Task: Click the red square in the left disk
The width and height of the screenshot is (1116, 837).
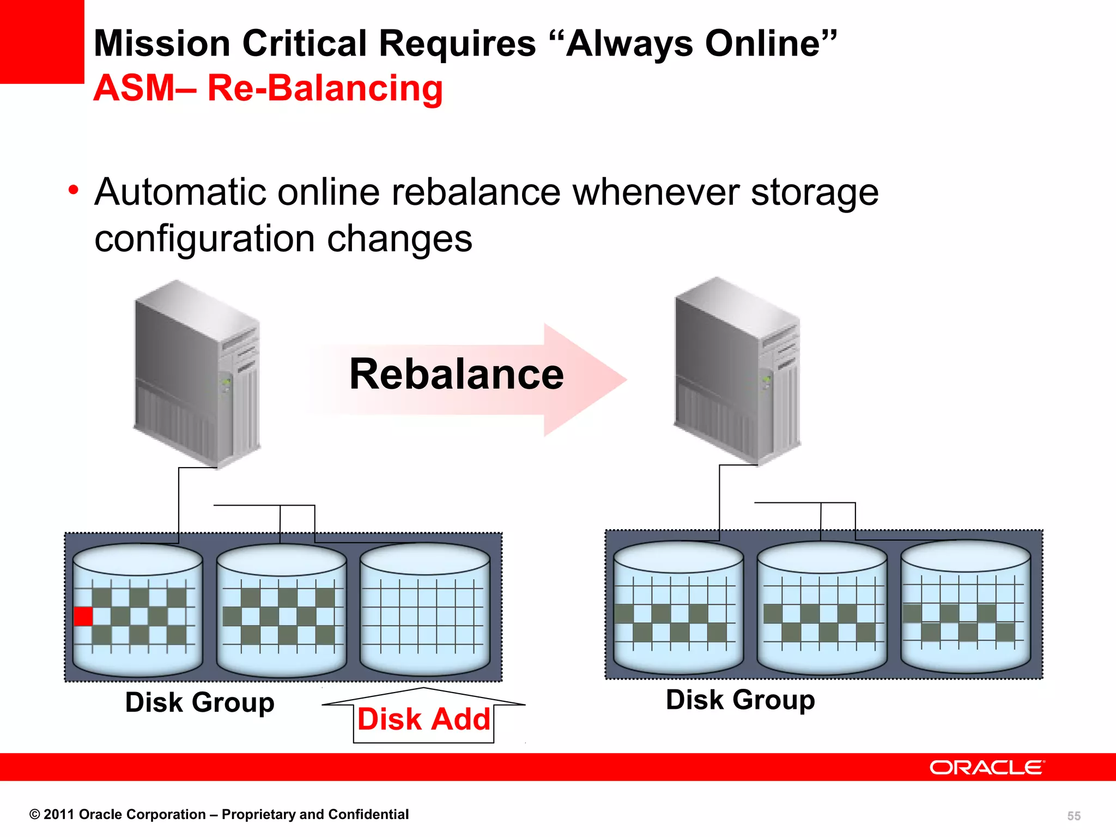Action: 83,616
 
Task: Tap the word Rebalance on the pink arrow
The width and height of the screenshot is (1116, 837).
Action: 456,374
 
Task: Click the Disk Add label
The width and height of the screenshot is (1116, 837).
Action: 423,719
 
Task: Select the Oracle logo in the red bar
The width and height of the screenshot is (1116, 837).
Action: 987,767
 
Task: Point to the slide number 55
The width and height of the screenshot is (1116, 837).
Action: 1073,816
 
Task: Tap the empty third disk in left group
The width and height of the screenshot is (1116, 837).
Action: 425,610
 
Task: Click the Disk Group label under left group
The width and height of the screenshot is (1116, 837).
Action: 199,702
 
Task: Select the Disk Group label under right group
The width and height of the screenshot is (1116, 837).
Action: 740,699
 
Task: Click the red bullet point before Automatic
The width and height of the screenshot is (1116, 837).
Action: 74,191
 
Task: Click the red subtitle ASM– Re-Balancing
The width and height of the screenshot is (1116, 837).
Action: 268,88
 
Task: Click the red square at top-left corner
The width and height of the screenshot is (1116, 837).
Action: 41,41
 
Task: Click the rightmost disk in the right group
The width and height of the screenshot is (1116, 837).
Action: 966,608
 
